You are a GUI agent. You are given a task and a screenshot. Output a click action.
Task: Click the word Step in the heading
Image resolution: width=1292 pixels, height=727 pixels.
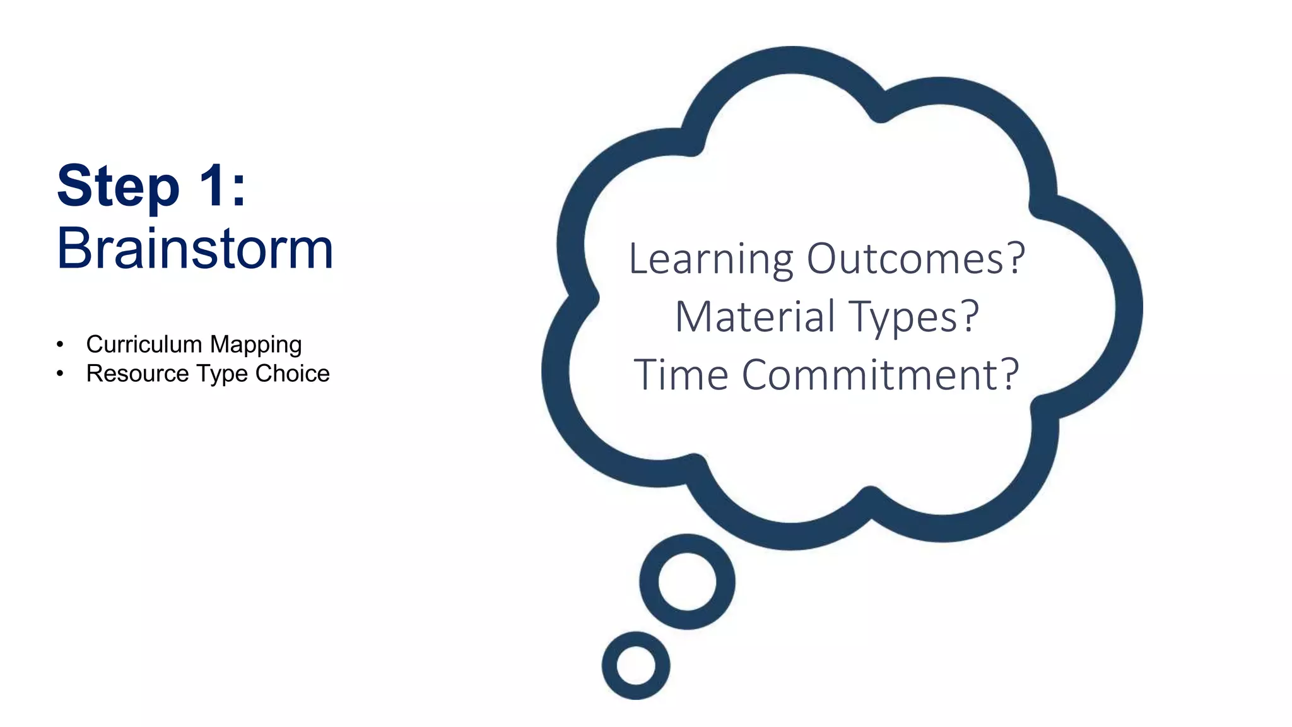click(118, 187)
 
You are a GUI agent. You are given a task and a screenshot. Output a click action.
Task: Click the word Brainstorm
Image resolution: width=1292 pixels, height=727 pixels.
click(195, 249)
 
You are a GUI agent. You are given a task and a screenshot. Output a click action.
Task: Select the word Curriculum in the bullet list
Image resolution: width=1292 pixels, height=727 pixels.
click(144, 345)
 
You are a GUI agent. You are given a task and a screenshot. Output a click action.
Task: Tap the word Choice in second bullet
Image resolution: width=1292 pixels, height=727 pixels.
click(292, 374)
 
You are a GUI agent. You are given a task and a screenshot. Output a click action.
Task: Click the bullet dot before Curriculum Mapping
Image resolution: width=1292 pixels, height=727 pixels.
click(60, 345)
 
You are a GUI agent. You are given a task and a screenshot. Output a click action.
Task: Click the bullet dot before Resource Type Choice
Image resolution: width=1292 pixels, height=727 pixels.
click(60, 374)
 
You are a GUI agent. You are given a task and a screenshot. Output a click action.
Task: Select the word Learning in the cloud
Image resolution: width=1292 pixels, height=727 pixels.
click(711, 260)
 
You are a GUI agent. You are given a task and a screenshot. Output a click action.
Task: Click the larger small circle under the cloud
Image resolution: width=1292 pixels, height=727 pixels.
click(687, 582)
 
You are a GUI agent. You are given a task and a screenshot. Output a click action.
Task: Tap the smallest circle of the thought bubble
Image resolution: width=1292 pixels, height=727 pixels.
click(636, 666)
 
